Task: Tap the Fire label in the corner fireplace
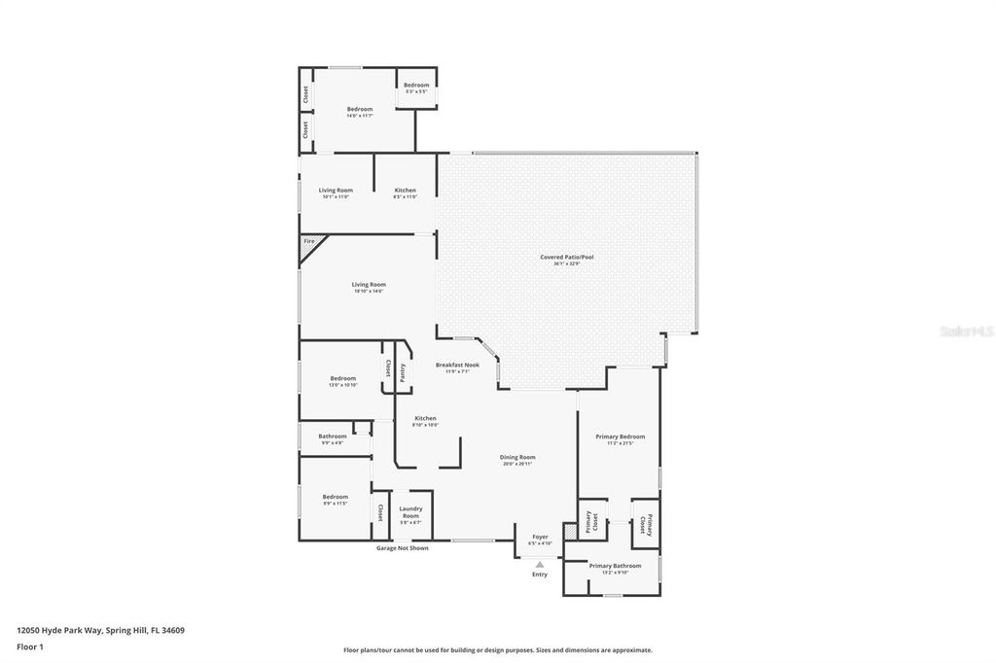coord(309,240)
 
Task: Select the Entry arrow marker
coord(539,564)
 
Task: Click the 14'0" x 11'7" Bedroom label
coord(360,112)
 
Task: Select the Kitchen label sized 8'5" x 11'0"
coord(405,192)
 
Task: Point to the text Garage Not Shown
coord(402,548)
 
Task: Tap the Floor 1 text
coord(30,646)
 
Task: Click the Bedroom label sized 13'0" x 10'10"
coord(342,381)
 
